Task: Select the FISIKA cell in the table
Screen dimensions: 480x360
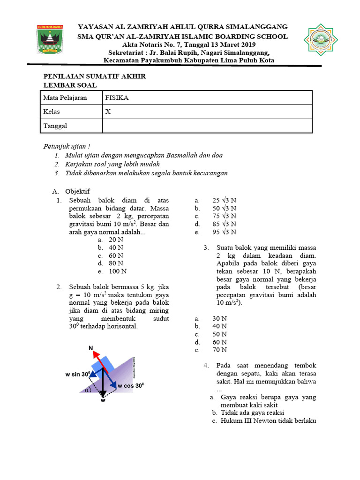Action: click(117, 98)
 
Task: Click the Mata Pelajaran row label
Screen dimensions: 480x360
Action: click(65, 98)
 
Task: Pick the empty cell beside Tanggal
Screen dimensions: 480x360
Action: click(207, 126)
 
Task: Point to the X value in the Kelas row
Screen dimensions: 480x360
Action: click(108, 112)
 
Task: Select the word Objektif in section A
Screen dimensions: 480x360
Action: click(77, 191)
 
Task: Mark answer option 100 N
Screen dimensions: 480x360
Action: click(117, 271)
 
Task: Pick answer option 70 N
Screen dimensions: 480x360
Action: click(219, 350)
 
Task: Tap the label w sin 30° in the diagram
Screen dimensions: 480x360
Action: click(78, 375)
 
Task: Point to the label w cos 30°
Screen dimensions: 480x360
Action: click(131, 386)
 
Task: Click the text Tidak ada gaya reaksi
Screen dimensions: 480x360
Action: click(253, 413)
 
